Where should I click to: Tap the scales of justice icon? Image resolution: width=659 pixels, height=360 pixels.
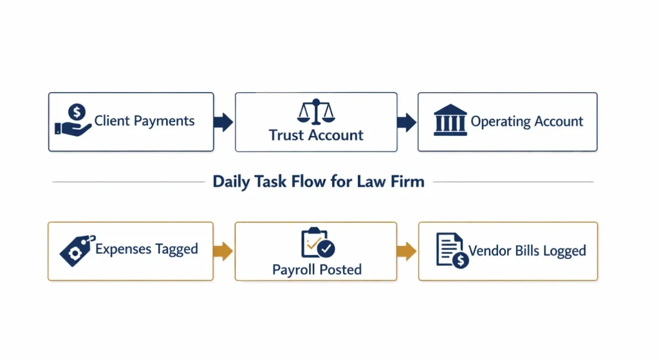[316, 111]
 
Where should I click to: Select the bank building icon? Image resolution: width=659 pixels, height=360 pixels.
[450, 120]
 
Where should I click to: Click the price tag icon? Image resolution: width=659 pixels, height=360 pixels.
[77, 251]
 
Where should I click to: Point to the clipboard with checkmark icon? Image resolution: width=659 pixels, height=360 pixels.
[317, 243]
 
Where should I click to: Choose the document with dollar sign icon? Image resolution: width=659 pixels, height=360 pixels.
[451, 251]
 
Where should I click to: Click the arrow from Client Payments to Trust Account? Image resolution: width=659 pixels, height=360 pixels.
[223, 122]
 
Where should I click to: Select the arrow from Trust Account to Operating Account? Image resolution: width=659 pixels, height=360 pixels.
[406, 122]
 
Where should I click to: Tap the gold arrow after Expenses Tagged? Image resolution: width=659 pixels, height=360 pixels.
[223, 251]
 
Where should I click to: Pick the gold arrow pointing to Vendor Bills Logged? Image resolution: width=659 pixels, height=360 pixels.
[406, 251]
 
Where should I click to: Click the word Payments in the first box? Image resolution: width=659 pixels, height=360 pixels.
[165, 120]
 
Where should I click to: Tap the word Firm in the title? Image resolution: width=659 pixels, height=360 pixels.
[407, 182]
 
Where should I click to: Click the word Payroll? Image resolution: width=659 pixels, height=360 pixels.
[294, 269]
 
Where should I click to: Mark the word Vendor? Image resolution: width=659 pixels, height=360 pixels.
[489, 251]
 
